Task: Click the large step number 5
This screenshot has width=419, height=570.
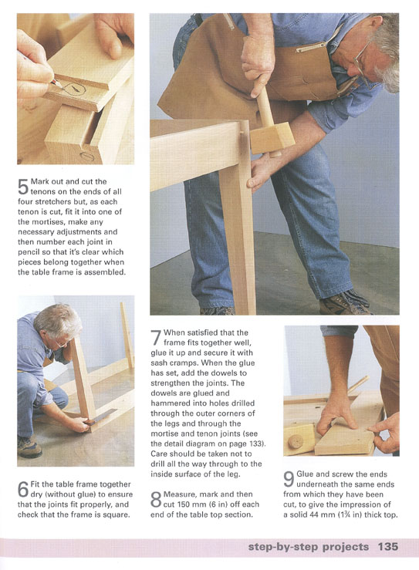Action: tap(23, 186)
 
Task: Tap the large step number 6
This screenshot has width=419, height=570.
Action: tap(23, 489)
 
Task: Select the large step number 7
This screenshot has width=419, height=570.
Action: tap(156, 337)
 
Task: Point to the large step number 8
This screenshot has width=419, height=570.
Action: tap(156, 499)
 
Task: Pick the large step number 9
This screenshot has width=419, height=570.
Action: tap(289, 479)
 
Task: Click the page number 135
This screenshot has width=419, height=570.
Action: tap(387, 547)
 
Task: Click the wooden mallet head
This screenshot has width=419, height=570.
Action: tap(272, 138)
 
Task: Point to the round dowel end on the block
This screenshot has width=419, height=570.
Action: tap(296, 441)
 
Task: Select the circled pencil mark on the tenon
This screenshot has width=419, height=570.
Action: tap(75, 89)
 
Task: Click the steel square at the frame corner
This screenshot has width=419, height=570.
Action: tap(102, 417)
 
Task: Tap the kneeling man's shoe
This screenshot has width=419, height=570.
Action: tap(29, 447)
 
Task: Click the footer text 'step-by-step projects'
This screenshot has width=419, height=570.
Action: tap(309, 547)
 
